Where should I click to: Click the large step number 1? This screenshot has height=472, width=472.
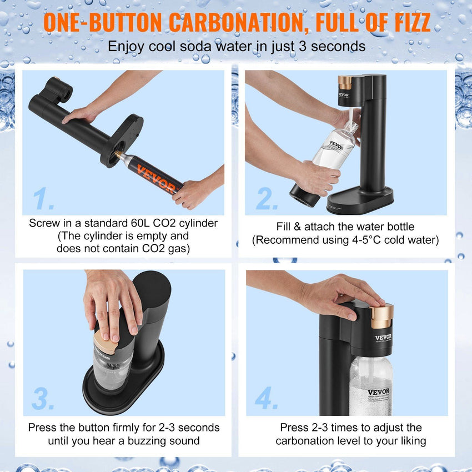pos(43,198)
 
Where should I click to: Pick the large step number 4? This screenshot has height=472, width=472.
pos(267,398)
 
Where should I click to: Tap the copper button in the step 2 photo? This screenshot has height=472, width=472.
pos(344,82)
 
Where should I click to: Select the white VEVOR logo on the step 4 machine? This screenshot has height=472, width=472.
pos(383,337)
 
